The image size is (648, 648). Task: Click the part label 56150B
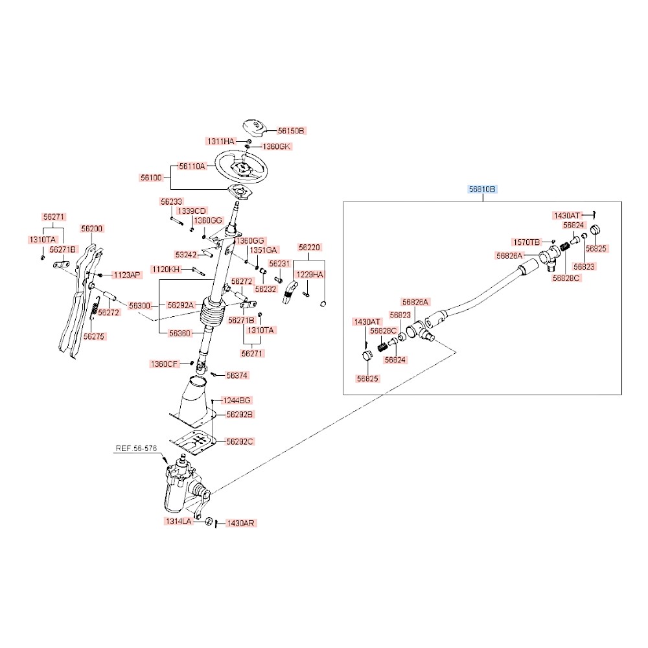point(291,131)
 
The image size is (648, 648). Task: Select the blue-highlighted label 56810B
point(482,189)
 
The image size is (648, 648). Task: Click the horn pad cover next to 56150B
point(254,127)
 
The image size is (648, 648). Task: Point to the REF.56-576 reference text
point(136,448)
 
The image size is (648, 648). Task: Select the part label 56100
point(151,178)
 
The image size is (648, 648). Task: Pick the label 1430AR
point(241,523)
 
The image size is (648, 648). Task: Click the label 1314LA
point(179,522)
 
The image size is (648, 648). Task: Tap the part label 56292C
point(240,442)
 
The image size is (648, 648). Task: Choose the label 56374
point(237,376)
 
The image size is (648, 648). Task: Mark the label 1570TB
point(526,242)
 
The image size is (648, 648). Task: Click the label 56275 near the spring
point(94,336)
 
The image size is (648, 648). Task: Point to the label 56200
point(92,229)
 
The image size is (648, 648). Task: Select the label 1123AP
point(127,275)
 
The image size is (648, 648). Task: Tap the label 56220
point(309,248)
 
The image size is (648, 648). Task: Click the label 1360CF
point(164,364)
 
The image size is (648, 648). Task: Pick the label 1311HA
point(221,141)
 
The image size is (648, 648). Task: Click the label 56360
point(179,333)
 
